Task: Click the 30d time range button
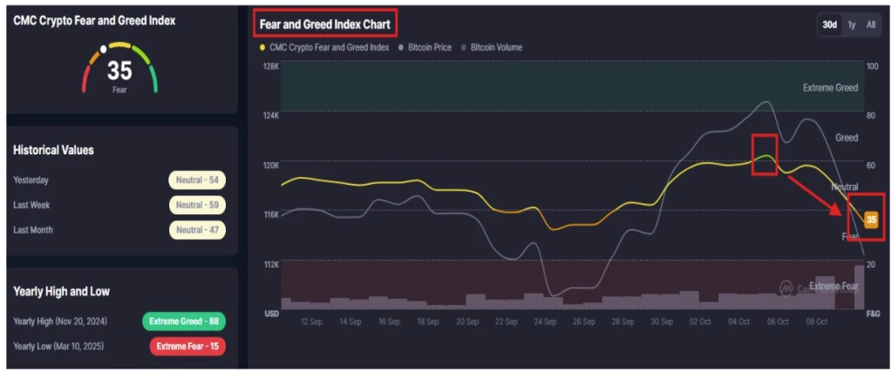pos(829,24)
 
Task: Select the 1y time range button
pos(852,24)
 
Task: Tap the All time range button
pos(870,24)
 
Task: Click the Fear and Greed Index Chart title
pos(324,24)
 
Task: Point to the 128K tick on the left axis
pos(270,66)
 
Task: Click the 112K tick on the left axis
pos(270,263)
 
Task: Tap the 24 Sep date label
pos(545,322)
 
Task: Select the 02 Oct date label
pos(699,322)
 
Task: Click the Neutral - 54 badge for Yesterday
pos(197,180)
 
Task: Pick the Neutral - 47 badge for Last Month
pos(197,230)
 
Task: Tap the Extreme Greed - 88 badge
pos(183,322)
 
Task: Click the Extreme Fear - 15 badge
pos(187,346)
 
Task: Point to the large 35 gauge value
pos(119,71)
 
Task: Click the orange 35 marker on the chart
pos(870,220)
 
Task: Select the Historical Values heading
pos(53,150)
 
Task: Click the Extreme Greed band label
pos(830,87)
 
